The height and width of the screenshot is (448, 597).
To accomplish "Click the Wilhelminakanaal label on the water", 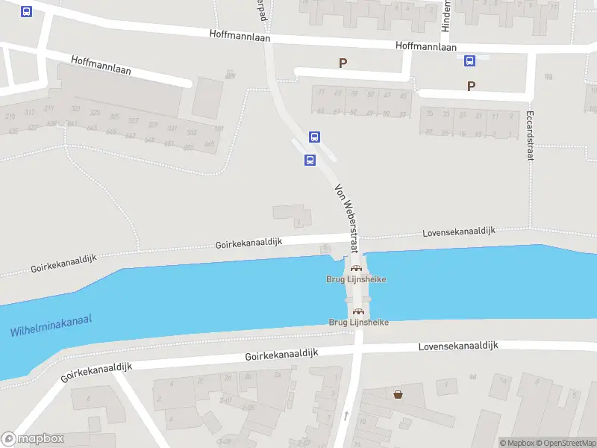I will [51, 326].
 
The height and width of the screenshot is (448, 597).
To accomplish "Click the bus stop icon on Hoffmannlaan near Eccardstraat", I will [470, 60].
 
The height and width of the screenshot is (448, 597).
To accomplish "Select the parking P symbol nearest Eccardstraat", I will [471, 86].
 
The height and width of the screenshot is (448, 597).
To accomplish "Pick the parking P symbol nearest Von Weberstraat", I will [343, 63].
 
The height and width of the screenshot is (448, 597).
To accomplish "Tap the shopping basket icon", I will [398, 393].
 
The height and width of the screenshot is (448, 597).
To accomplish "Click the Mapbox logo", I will [33, 439].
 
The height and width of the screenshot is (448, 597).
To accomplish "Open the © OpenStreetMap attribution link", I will [564, 443].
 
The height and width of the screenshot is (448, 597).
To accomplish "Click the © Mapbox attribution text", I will [516, 443].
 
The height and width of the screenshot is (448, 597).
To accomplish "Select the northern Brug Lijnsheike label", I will [356, 279].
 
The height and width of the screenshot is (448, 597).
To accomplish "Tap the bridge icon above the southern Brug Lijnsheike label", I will [357, 311].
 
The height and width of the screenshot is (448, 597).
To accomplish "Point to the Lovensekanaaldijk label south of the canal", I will [457, 346].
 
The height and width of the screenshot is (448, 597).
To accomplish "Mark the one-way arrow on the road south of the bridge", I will [346, 414].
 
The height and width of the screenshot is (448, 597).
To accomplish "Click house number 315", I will [10, 116].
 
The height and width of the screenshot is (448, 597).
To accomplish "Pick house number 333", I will [190, 133].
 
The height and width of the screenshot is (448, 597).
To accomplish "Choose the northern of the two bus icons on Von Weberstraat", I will [315, 137].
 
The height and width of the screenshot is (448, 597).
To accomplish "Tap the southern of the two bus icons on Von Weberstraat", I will [310, 159].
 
